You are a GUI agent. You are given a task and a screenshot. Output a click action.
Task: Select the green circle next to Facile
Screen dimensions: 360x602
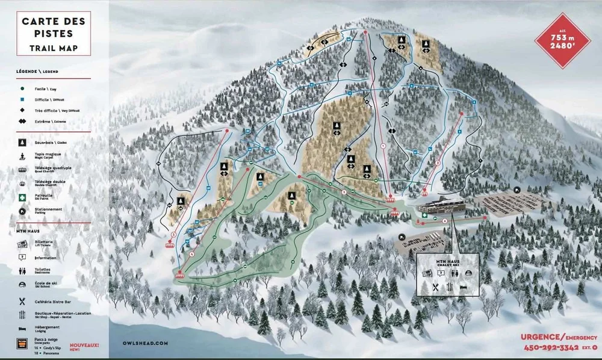coord(21,88)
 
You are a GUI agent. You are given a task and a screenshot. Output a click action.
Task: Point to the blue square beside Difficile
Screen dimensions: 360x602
coord(21,99)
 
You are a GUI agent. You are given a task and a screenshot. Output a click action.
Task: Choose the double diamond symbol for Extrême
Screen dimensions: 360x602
coord(21,122)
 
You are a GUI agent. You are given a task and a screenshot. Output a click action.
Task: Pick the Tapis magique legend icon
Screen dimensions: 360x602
coord(22,155)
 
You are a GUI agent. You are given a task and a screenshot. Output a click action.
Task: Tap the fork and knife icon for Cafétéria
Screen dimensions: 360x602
coord(22,300)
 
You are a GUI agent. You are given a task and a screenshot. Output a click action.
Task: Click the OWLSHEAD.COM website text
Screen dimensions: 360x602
coord(141,342)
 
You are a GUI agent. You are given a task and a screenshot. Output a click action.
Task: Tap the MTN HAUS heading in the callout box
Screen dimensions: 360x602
coord(447,260)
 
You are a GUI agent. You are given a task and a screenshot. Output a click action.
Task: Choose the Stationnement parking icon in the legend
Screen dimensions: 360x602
coord(22,211)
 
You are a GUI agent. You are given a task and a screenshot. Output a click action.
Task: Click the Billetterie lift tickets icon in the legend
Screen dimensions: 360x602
coord(22,244)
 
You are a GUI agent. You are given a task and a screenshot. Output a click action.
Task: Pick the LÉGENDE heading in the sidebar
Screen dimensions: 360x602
coord(37,71)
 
